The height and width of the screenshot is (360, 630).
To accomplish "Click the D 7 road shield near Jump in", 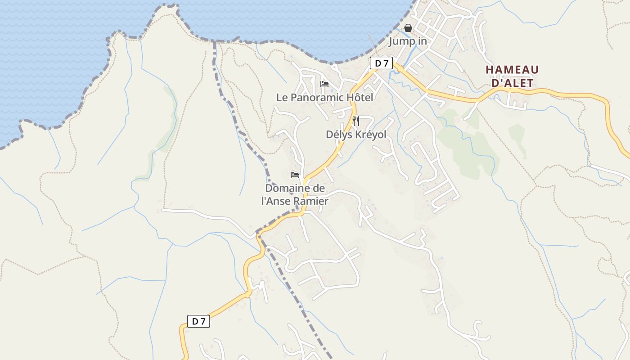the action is click(x=382, y=63).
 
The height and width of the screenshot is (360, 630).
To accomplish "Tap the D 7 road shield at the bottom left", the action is click(x=198, y=321).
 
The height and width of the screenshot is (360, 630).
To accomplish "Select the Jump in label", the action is click(x=408, y=41).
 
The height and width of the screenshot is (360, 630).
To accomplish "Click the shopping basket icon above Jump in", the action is click(x=408, y=28).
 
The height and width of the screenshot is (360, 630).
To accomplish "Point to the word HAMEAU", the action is click(x=512, y=70).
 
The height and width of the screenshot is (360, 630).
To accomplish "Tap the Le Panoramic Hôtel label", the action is click(x=324, y=97).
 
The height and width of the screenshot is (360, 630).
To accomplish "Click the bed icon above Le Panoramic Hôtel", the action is click(x=324, y=84).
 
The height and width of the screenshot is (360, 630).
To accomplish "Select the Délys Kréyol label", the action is click(x=356, y=135).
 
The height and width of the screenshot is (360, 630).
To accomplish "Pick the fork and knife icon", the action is click(x=355, y=121).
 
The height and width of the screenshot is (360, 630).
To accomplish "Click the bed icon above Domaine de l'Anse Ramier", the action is click(x=295, y=175).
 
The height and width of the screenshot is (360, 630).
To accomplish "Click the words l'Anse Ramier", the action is click(x=295, y=201).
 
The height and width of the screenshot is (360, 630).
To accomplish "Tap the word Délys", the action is click(x=337, y=135).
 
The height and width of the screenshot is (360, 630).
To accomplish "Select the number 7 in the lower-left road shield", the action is click(x=202, y=321).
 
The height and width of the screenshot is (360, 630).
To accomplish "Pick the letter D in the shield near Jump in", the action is click(x=378, y=63).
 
